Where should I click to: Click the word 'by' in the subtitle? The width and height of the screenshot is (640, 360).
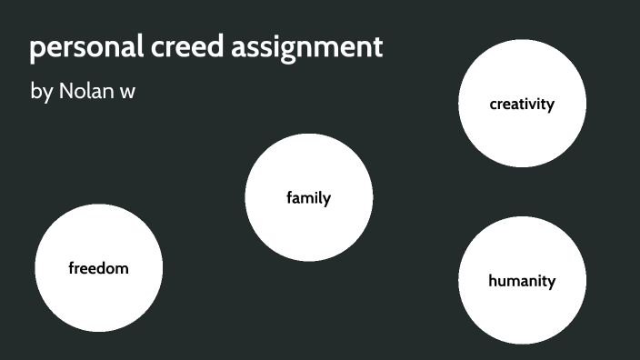[x=42, y=92]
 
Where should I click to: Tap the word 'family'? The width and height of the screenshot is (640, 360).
[x=309, y=197]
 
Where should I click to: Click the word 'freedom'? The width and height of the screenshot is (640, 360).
[x=98, y=268]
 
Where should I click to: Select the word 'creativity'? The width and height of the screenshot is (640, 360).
[x=522, y=104]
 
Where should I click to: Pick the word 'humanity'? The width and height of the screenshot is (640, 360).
[x=522, y=281]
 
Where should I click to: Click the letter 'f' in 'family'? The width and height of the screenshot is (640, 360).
[x=290, y=196]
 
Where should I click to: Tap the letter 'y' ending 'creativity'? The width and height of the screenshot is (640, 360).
[x=550, y=105]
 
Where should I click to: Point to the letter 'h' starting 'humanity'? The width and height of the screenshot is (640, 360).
[x=493, y=280]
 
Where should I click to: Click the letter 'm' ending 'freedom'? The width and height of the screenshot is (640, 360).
[x=123, y=268]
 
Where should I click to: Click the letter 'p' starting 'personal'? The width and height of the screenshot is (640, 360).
[x=37, y=50]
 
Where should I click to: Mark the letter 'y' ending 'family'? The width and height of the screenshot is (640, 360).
[x=327, y=199]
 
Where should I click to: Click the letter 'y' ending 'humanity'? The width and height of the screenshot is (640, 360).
[x=551, y=283]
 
